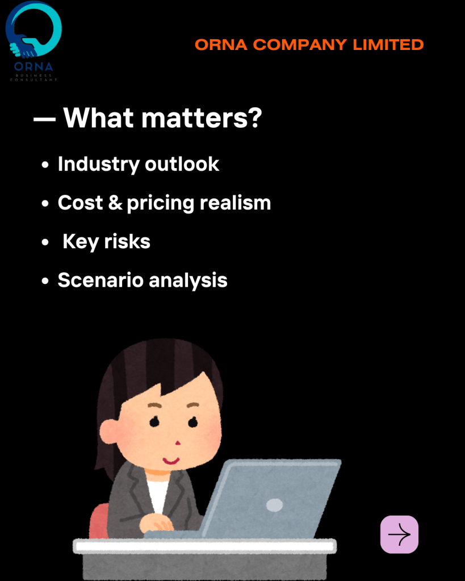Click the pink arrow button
coord(399,534)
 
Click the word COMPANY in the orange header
coord(300,45)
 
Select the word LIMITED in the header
coord(388,45)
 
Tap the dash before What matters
coord(44,119)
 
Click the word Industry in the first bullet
coord(99,165)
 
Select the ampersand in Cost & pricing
coord(115,203)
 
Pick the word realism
coord(235,203)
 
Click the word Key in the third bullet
coord(81,242)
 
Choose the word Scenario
coord(100,280)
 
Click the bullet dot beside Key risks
coord(45,243)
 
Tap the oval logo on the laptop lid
coord(274,505)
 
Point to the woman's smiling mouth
coord(171,461)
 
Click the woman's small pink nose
coord(178,443)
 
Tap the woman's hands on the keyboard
coord(156,524)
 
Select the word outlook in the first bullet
coord(182,165)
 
